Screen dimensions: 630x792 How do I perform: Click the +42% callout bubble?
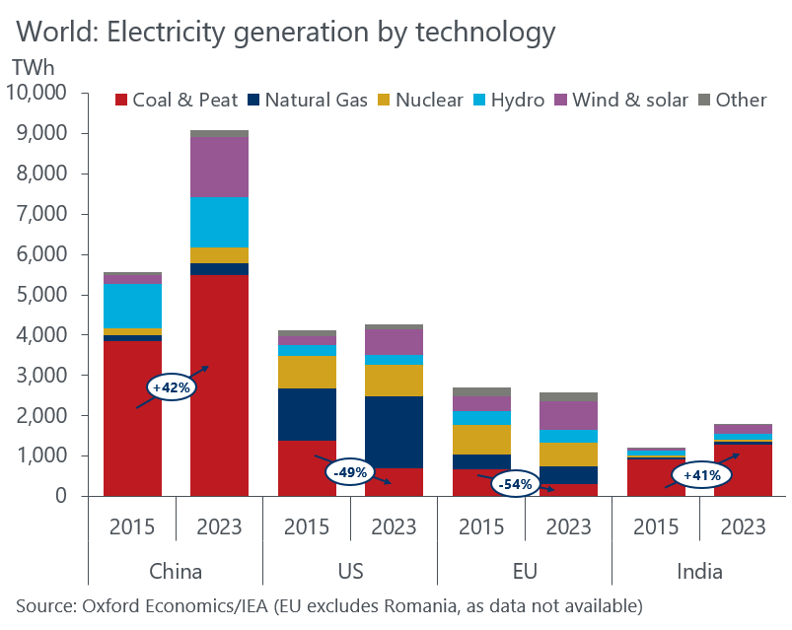171,387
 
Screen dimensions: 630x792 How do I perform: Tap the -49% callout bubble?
350,472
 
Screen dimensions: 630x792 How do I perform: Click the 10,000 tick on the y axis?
36,94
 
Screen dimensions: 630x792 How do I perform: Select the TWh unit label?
35,67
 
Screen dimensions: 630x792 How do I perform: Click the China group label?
176,571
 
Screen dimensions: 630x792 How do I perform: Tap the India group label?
699,571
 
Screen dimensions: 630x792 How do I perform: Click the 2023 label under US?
394,525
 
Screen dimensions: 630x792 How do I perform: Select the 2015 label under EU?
481,525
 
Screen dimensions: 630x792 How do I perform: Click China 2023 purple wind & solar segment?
219,168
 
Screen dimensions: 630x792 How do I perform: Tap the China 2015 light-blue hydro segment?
132,306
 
